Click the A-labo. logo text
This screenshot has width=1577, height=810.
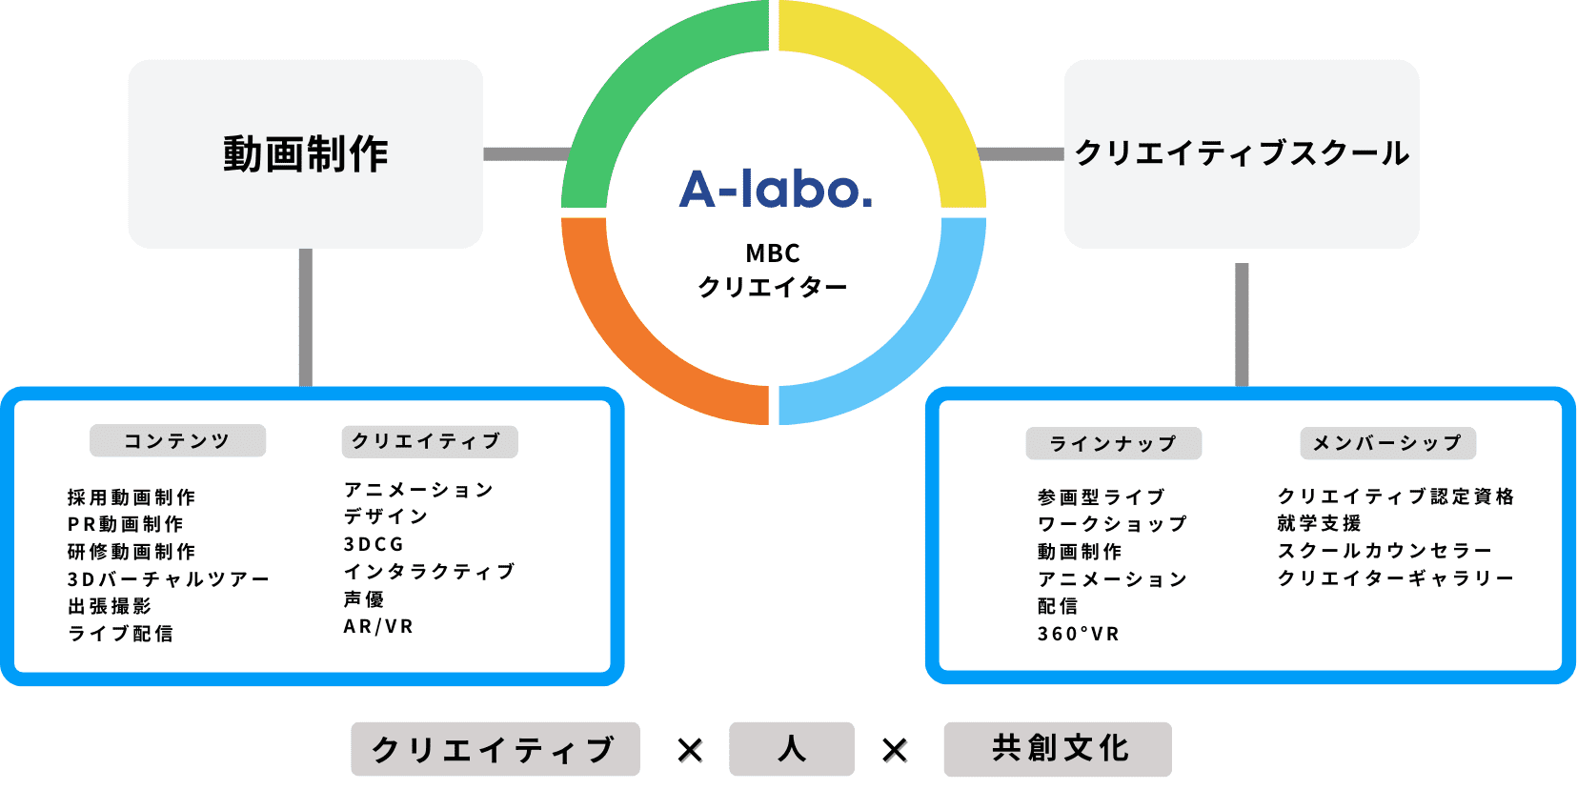(775, 189)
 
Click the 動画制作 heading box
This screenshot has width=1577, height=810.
(306, 153)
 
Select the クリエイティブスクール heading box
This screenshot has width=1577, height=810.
(1242, 153)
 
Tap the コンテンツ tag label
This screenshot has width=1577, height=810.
(177, 440)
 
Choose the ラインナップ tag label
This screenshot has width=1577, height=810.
(1113, 443)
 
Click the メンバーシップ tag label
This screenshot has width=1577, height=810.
(1387, 442)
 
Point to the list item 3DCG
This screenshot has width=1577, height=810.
(374, 544)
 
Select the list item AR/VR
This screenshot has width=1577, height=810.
(378, 626)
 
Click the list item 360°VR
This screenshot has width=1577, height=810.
(1079, 634)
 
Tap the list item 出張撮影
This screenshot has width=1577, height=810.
(110, 606)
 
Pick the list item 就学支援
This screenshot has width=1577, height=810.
(1320, 523)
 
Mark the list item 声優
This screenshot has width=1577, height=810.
(364, 598)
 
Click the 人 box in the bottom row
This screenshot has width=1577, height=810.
(792, 749)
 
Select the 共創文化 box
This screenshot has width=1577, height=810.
(1058, 749)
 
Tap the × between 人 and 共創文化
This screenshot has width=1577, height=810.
(894, 750)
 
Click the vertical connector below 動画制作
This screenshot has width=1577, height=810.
(306, 317)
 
